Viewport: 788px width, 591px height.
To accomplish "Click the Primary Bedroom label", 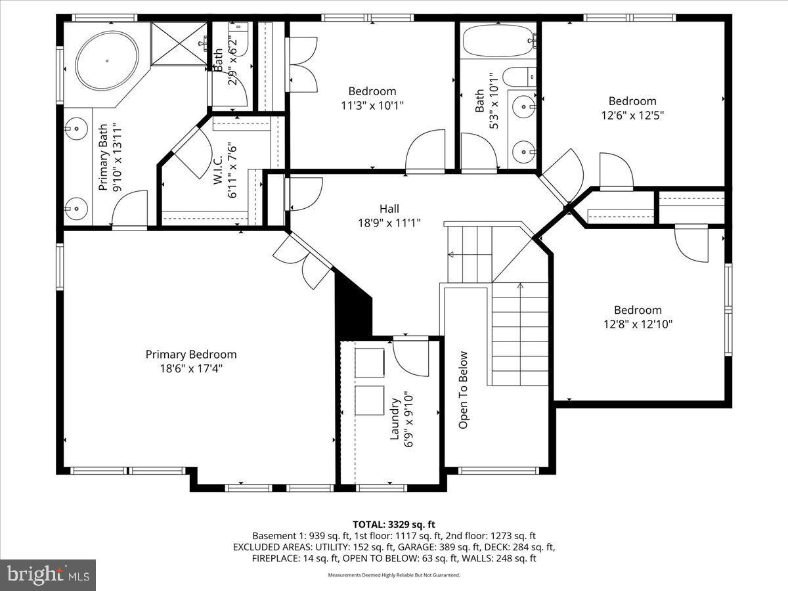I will pos(191,354).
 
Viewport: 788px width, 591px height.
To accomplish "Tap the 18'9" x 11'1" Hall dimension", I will pos(389,223).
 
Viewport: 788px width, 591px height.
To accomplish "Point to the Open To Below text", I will pos(464,390).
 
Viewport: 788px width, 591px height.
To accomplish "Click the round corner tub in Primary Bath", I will pos(107,61).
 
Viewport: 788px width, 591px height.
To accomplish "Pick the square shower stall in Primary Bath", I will pos(179,44).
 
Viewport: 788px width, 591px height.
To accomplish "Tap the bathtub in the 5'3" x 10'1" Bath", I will pos(498,41).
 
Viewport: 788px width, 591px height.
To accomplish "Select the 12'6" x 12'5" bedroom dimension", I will pos(632,115).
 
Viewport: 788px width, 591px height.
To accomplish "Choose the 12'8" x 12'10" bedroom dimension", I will pos(638,324).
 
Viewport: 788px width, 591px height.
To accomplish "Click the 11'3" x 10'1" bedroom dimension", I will pos(372,105).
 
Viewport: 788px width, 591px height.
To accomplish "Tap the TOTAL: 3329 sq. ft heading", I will pos(394,524).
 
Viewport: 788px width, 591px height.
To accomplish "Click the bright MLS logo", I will pos(48,575).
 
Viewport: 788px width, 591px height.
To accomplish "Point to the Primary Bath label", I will pos(103,158).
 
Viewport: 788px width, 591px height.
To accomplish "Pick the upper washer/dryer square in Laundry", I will pos(371,362).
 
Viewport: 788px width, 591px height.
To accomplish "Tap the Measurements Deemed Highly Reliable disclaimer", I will pos(394,575).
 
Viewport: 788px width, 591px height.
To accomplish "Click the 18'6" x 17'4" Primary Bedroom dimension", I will pos(191,368).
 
